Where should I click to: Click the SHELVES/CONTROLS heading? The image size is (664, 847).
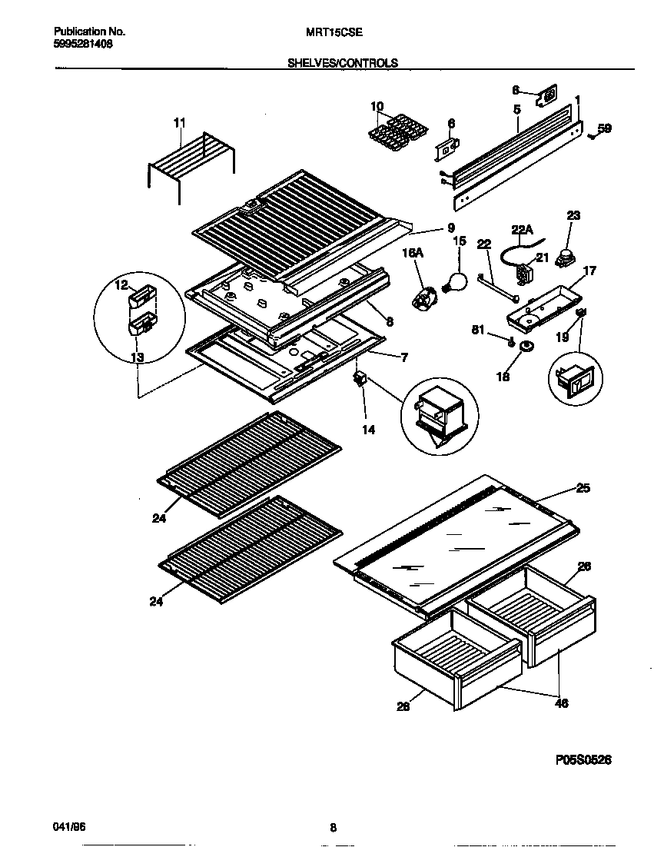point(342,64)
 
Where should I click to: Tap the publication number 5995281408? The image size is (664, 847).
point(84,44)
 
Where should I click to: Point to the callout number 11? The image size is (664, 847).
point(179,122)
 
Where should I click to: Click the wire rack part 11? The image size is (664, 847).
point(192,161)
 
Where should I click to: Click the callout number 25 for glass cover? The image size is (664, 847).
point(583,489)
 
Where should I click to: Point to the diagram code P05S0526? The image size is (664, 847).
point(583,759)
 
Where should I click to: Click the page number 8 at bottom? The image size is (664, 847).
point(333,828)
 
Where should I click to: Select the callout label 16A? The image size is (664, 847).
point(413,252)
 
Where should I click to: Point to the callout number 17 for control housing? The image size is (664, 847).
point(589,271)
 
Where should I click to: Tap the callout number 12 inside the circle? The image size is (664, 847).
point(120,286)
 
